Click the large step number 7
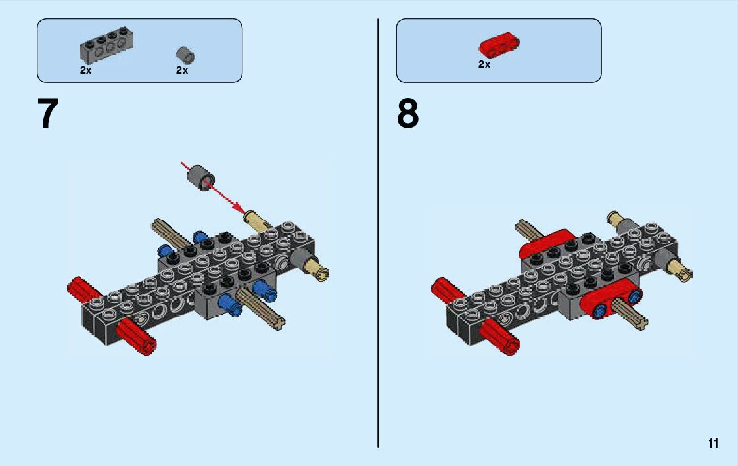(x=49, y=114)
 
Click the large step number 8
(x=407, y=114)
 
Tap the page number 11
(x=713, y=443)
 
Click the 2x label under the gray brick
(x=86, y=70)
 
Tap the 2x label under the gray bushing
(x=182, y=70)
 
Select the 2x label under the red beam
(x=484, y=64)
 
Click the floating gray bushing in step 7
(x=200, y=178)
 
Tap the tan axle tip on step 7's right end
(x=321, y=269)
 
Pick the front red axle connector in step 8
(x=499, y=337)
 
